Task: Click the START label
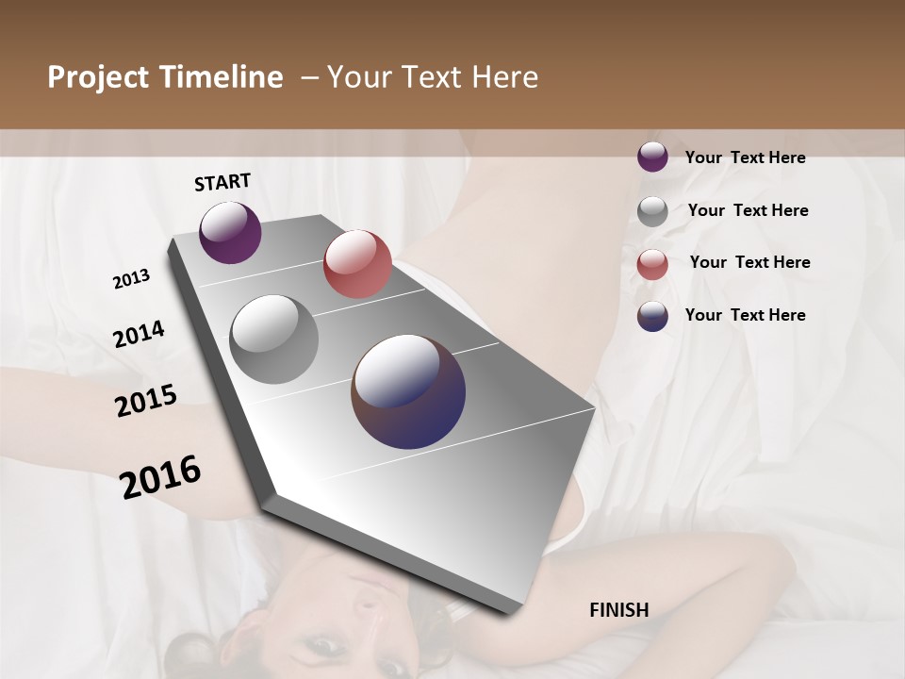(222, 182)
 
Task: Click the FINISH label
(618, 610)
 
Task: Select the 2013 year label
(131, 279)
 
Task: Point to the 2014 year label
(139, 335)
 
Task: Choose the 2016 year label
(160, 477)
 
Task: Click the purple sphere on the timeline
(230, 232)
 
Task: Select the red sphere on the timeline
(357, 264)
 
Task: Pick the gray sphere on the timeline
(274, 339)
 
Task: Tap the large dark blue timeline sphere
(408, 391)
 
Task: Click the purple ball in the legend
(652, 157)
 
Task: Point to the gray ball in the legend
(652, 211)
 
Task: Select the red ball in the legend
(652, 264)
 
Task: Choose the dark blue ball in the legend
(652, 316)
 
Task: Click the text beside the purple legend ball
(745, 158)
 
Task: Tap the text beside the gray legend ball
(748, 211)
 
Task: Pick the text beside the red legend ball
(749, 263)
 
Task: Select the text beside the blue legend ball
(745, 315)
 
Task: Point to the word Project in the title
(98, 77)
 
